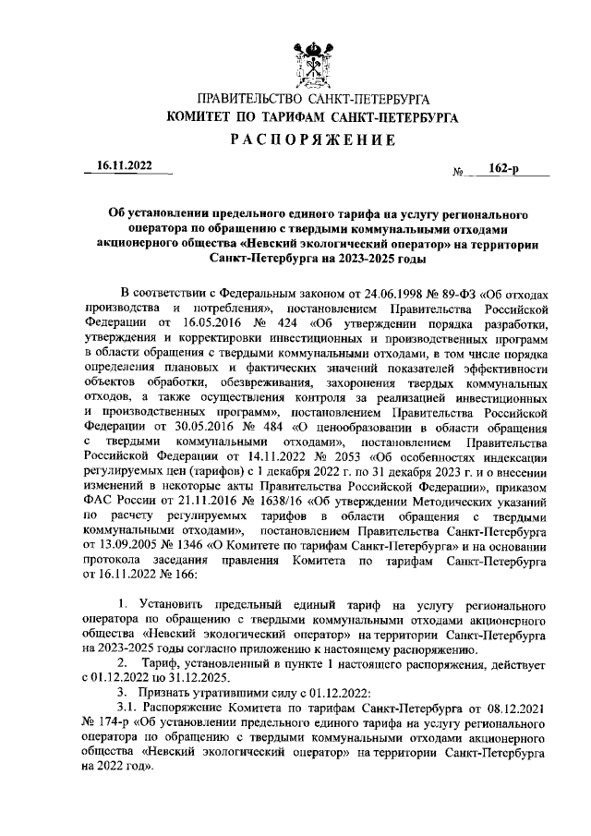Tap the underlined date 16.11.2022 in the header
tap(127, 168)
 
